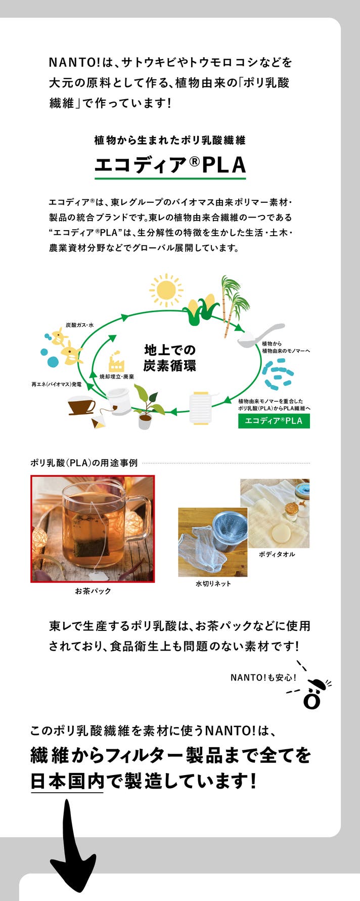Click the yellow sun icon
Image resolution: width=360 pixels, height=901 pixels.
(x=166, y=290)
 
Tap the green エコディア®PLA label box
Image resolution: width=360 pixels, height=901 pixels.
(x=274, y=421)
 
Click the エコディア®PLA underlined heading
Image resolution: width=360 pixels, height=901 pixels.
(x=170, y=165)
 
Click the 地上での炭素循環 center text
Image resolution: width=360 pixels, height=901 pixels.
(x=170, y=358)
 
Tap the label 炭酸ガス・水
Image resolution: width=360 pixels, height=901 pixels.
(x=80, y=325)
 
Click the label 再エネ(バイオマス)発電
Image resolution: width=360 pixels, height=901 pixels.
(x=56, y=384)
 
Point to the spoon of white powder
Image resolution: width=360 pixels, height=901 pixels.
(x=260, y=335)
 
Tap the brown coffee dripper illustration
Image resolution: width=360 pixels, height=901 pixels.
(x=81, y=406)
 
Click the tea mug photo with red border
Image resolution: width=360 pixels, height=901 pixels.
(x=93, y=529)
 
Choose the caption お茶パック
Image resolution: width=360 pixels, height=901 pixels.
(x=93, y=591)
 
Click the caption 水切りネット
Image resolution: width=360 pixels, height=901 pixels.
(x=213, y=583)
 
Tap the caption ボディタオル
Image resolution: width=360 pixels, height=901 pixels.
(x=277, y=554)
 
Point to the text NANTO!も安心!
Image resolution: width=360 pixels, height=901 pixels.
(x=263, y=677)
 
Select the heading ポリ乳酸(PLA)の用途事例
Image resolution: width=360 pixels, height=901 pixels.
(x=84, y=462)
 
